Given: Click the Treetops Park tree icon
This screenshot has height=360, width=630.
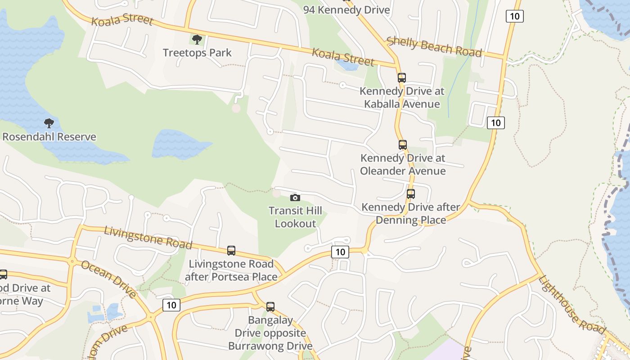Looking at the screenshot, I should pyautogui.click(x=197, y=40).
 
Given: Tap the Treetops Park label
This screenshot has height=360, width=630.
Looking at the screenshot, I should pyautogui.click(x=197, y=53).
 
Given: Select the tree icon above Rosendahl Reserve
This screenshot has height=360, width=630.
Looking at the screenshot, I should pyautogui.click(x=49, y=123).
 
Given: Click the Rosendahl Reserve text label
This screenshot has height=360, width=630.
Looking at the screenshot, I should pyautogui.click(x=49, y=137).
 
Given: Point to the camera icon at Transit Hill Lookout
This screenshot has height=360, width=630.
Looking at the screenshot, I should pyautogui.click(x=295, y=198).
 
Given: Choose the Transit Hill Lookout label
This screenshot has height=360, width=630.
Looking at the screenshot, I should pyautogui.click(x=295, y=217).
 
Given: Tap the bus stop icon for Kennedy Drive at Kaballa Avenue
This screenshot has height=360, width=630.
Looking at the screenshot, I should pyautogui.click(x=402, y=78).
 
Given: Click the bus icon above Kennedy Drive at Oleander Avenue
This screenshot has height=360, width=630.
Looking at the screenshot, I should pyautogui.click(x=403, y=145).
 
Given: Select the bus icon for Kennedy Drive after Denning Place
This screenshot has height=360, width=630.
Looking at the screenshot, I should pyautogui.click(x=411, y=194).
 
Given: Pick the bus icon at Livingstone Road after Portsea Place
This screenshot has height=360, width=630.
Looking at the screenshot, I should pyautogui.click(x=231, y=251).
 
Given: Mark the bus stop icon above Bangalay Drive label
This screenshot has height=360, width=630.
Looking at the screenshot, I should pyautogui.click(x=270, y=307).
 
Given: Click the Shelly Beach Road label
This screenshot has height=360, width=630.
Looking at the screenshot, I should pyautogui.click(x=434, y=47).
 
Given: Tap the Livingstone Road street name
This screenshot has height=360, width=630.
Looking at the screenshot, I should pyautogui.click(x=148, y=237).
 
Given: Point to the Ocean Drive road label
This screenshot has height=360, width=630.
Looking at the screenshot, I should pyautogui.click(x=108, y=279).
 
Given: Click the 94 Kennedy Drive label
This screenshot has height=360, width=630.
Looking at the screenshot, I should pyautogui.click(x=346, y=10).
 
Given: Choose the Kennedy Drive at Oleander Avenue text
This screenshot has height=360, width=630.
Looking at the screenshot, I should pyautogui.click(x=403, y=165).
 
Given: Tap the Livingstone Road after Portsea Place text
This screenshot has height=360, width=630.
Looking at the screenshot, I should pyautogui.click(x=231, y=270).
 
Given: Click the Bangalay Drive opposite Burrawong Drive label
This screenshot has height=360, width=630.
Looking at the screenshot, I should pyautogui.click(x=270, y=333).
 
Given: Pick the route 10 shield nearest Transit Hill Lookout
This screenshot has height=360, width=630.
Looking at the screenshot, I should pyautogui.click(x=340, y=252).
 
